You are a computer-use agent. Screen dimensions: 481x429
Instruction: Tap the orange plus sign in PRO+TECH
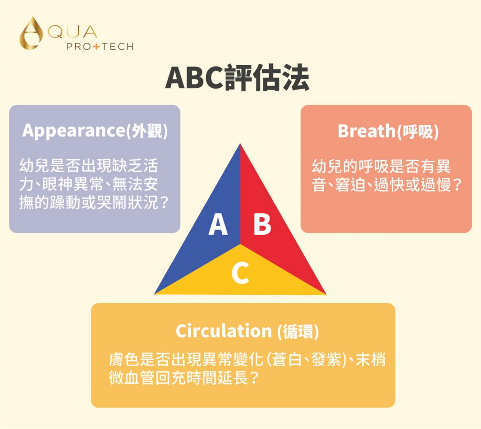pyautogui.click(x=96, y=46)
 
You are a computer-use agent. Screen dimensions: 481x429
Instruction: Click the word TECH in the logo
pyautogui.click(x=118, y=46)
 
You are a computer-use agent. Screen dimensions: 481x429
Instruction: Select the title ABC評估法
pyautogui.click(x=237, y=78)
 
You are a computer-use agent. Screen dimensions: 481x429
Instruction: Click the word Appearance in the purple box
pyautogui.click(x=74, y=131)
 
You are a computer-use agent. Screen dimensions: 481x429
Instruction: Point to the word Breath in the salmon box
pyautogui.click(x=366, y=131)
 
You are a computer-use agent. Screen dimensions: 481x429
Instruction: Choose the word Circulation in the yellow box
pyautogui.click(x=224, y=331)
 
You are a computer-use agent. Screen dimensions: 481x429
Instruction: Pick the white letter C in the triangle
pyautogui.click(x=240, y=272)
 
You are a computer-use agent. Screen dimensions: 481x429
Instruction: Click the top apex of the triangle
pyautogui.click(x=240, y=144)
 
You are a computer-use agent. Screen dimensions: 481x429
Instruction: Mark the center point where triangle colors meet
pyautogui.click(x=240, y=244)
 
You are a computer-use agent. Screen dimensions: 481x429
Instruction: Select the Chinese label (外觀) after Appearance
pyautogui.click(x=147, y=131)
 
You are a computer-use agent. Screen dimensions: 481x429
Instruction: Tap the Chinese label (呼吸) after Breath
pyautogui.click(x=418, y=132)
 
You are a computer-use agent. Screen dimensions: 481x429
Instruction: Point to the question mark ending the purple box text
pyautogui.click(x=164, y=203)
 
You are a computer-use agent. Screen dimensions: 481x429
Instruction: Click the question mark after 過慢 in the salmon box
pyautogui.click(x=457, y=185)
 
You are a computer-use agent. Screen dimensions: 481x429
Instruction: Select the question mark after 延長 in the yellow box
pyautogui.click(x=254, y=378)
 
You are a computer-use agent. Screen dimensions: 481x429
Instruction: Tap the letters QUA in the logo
pyautogui.click(x=73, y=32)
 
